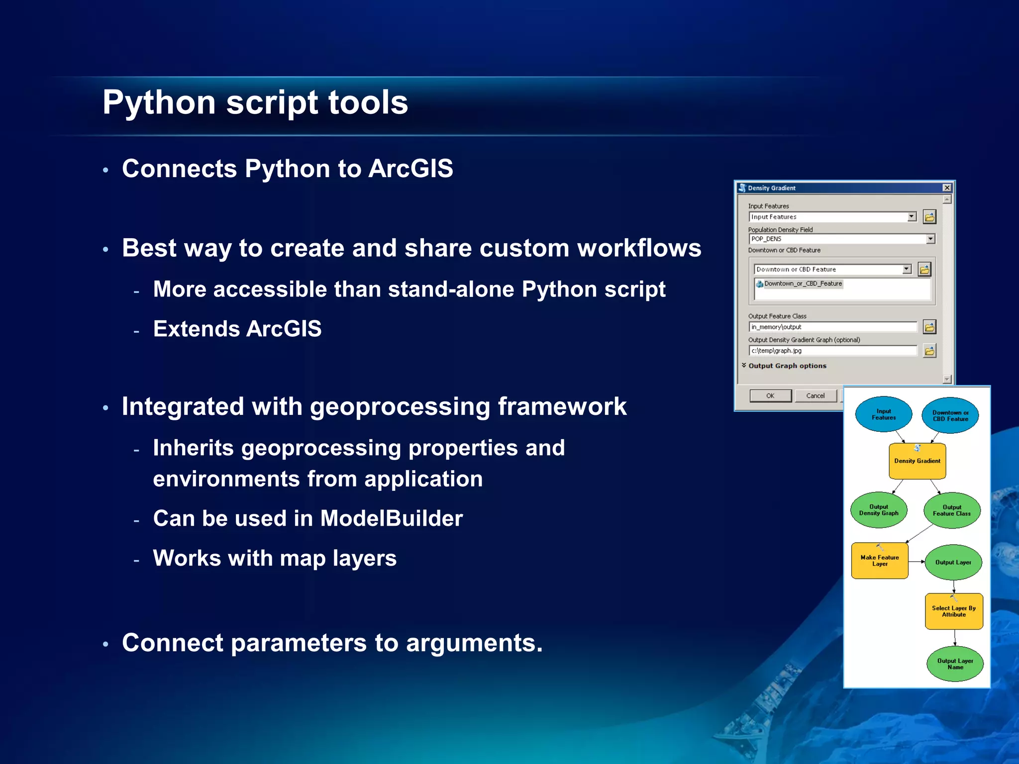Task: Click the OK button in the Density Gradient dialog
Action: (x=770, y=396)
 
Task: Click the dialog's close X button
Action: (x=947, y=188)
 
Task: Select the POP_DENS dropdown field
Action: (x=841, y=239)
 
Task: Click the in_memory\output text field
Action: (x=832, y=327)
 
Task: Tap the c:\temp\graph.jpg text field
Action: (x=832, y=351)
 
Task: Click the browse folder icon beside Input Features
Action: (x=929, y=217)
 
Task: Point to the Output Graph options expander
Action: (x=786, y=366)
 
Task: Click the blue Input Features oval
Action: (x=884, y=414)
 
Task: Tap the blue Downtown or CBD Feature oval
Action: (x=950, y=416)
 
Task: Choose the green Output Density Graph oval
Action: (x=879, y=510)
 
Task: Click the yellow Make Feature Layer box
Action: (x=880, y=561)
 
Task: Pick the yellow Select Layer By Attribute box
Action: (x=954, y=611)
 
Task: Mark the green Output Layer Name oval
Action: (x=955, y=664)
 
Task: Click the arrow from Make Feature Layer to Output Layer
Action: (x=917, y=562)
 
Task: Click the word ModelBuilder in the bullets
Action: (x=391, y=518)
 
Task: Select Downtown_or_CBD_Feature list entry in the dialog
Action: (x=803, y=284)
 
